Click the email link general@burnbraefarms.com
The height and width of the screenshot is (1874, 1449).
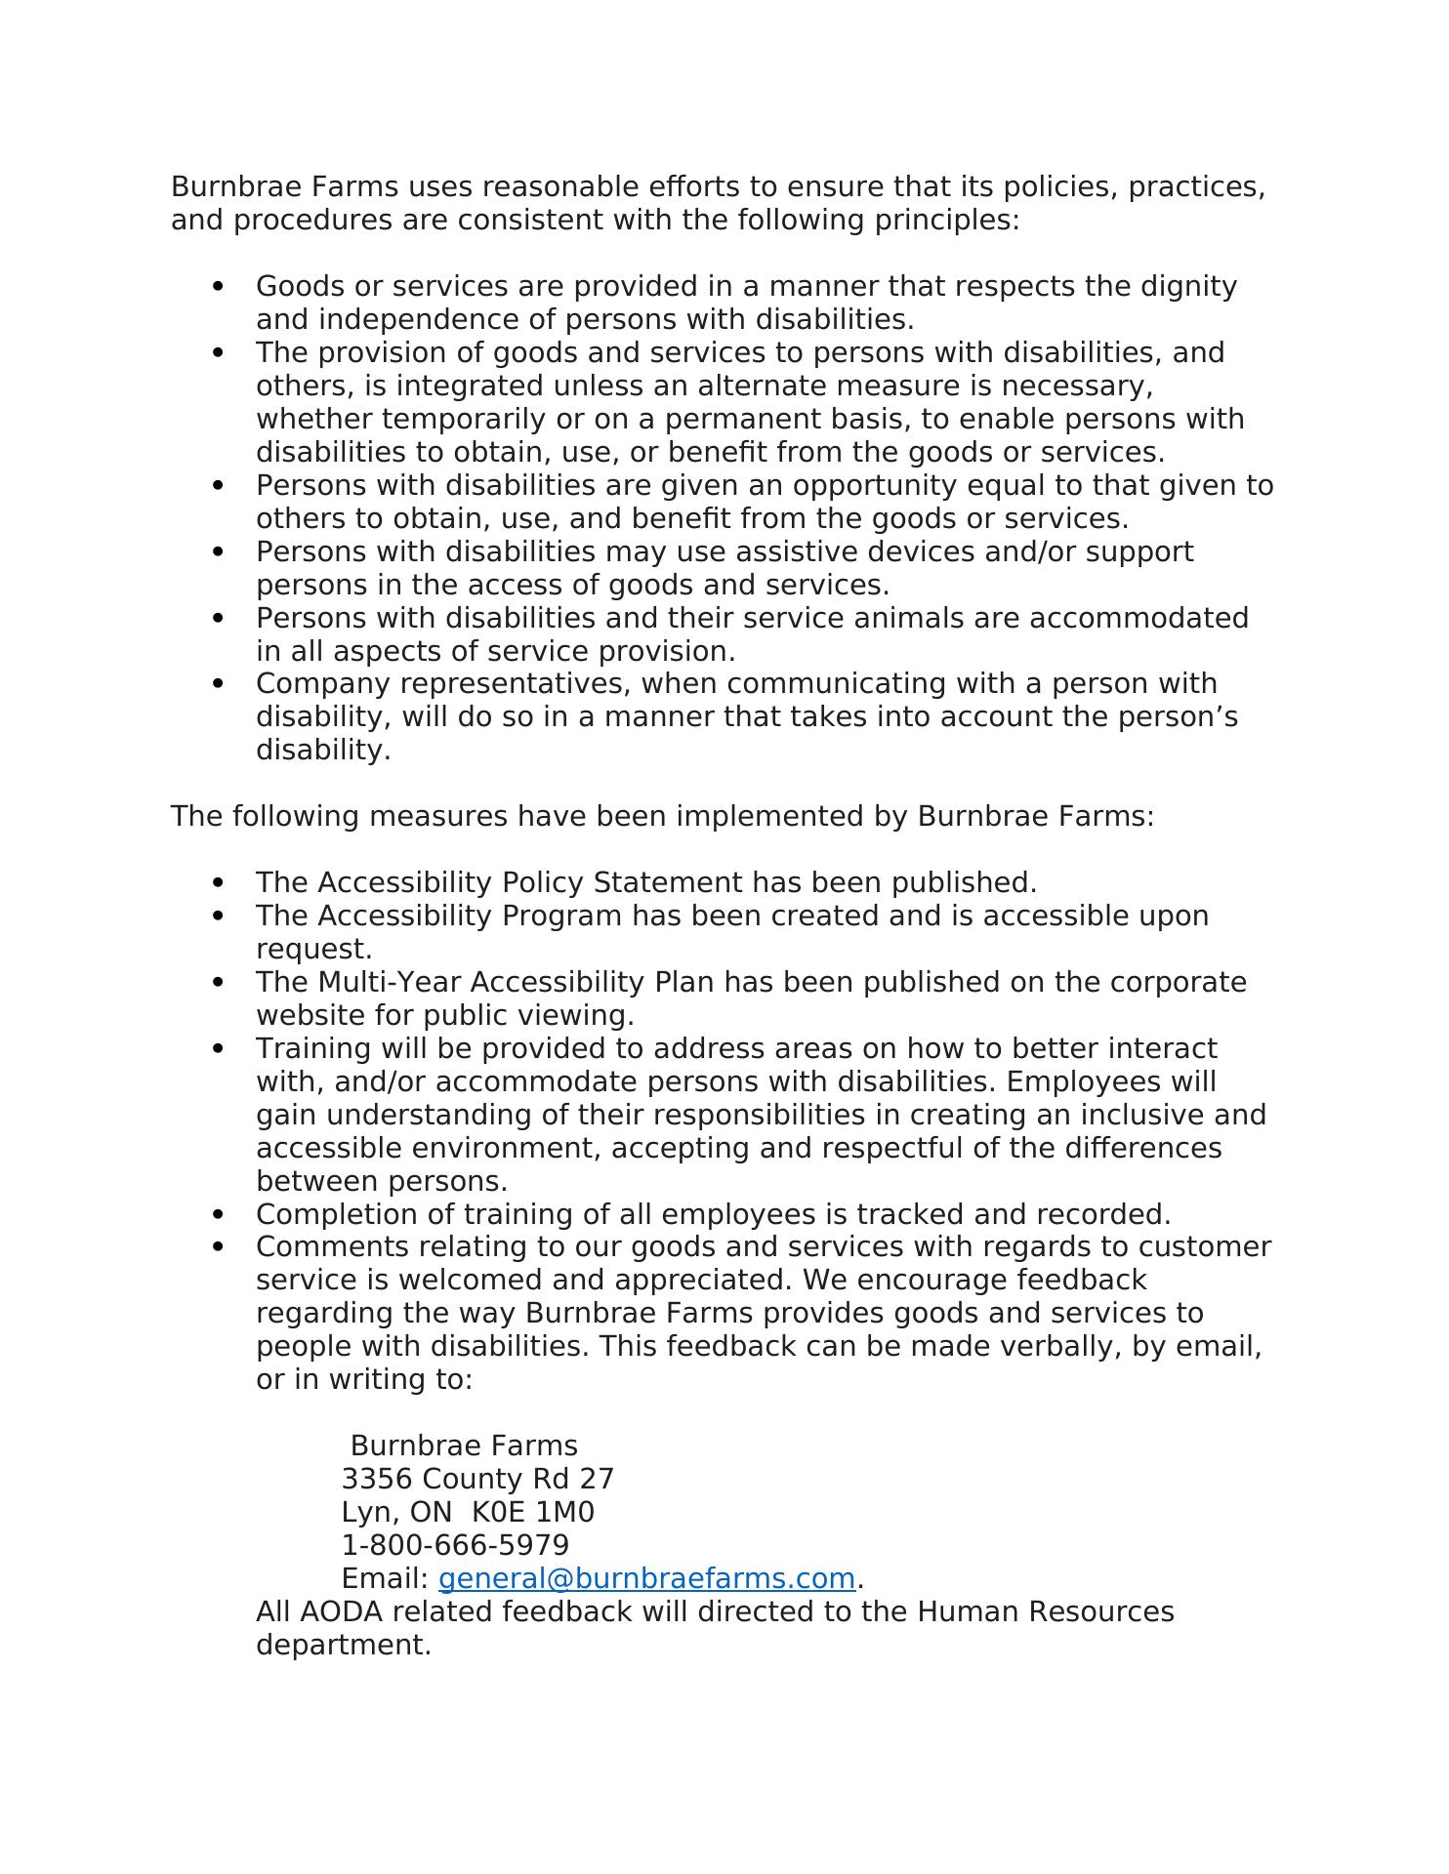tap(646, 1579)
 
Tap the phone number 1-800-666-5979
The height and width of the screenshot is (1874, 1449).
tap(455, 1546)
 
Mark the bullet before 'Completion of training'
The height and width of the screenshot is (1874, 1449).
tap(218, 1215)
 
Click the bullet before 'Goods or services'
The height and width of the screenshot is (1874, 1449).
tap(218, 287)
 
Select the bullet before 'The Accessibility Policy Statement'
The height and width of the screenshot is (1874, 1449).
tap(218, 883)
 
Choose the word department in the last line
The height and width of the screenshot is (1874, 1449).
tap(343, 1646)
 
